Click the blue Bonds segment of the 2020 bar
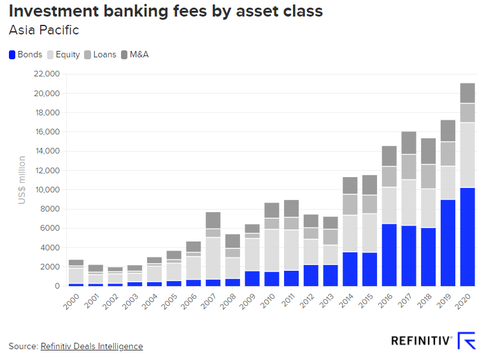click(x=467, y=236)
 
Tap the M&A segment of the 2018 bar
click(x=428, y=151)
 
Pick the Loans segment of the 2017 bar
click(x=409, y=167)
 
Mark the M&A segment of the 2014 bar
click(x=350, y=185)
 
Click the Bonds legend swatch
click(x=12, y=55)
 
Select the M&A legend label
click(x=139, y=55)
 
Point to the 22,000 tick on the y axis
click(x=45, y=75)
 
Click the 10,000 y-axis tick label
click(x=45, y=190)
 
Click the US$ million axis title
click(x=22, y=180)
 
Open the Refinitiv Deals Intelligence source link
click(x=92, y=346)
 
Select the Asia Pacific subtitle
click(x=43, y=30)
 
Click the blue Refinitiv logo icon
click(x=467, y=341)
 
